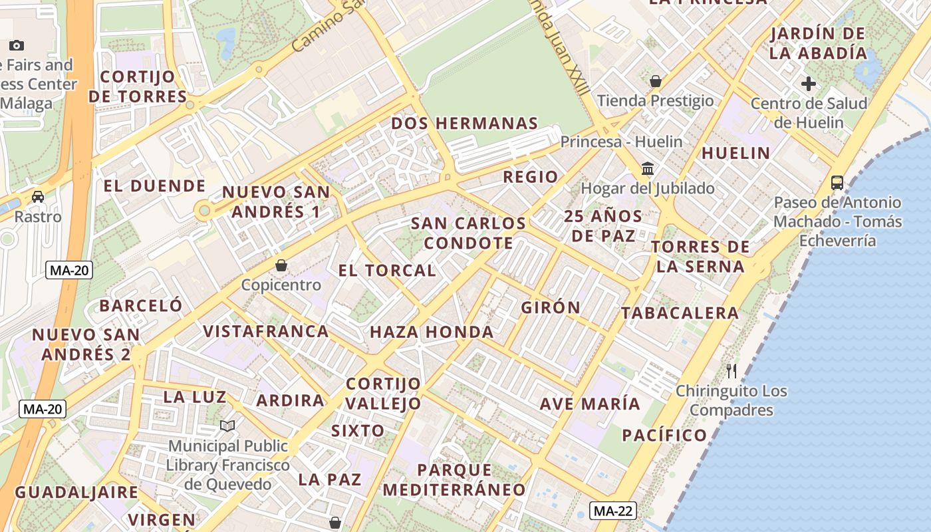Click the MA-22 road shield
coord(612,511)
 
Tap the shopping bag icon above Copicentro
coord(281,265)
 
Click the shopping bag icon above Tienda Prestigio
coord(656,81)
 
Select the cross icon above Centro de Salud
coord(809,84)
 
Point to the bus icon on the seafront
coord(837,182)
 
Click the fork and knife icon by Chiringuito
coord(731,370)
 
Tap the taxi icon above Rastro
coord(38,197)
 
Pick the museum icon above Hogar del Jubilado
coord(648,169)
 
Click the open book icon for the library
coord(227,426)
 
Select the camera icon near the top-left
coord(17,45)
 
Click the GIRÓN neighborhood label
coord(551,307)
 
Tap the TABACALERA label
coord(680,313)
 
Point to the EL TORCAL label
coord(387,271)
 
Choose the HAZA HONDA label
coord(432,332)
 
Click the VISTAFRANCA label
coord(265,331)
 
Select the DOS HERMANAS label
coord(464,124)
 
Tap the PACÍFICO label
coord(664,436)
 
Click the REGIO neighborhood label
coord(530,177)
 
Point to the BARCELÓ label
coord(140,306)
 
